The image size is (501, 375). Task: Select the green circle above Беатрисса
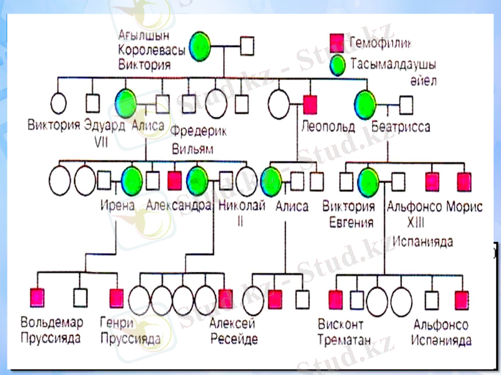(x=365, y=102)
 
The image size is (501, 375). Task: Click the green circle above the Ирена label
(x=132, y=180)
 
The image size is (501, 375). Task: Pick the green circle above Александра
(x=197, y=180)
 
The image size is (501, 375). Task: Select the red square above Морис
(x=463, y=181)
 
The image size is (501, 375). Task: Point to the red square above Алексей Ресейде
(x=226, y=299)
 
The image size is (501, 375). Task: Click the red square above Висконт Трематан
(x=336, y=299)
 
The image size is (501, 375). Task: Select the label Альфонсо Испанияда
(x=442, y=332)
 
